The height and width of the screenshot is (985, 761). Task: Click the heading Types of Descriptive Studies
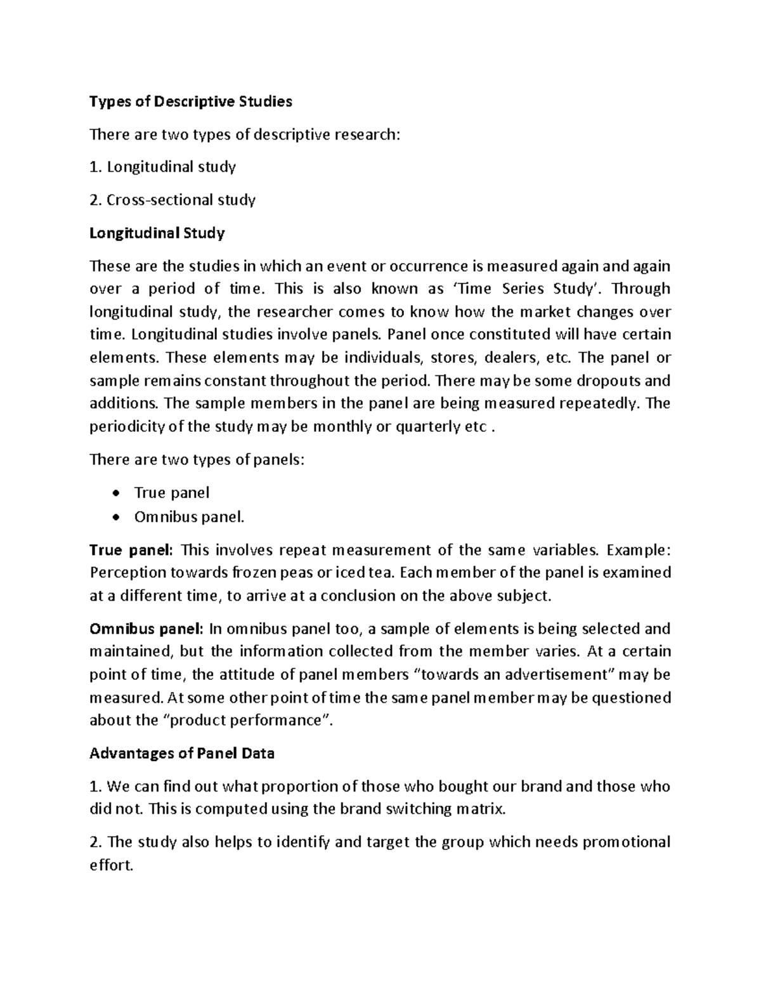(x=191, y=101)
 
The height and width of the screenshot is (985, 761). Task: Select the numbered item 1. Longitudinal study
(x=163, y=167)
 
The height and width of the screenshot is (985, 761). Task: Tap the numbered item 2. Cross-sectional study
(x=172, y=200)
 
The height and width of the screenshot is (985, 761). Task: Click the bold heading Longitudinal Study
(x=157, y=233)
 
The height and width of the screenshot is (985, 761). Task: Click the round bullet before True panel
(x=115, y=493)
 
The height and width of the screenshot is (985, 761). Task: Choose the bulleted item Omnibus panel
(x=188, y=517)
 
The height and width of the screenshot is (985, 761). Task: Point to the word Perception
(x=127, y=573)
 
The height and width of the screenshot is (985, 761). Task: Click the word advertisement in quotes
(x=554, y=674)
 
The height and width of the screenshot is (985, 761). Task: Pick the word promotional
(x=626, y=842)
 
